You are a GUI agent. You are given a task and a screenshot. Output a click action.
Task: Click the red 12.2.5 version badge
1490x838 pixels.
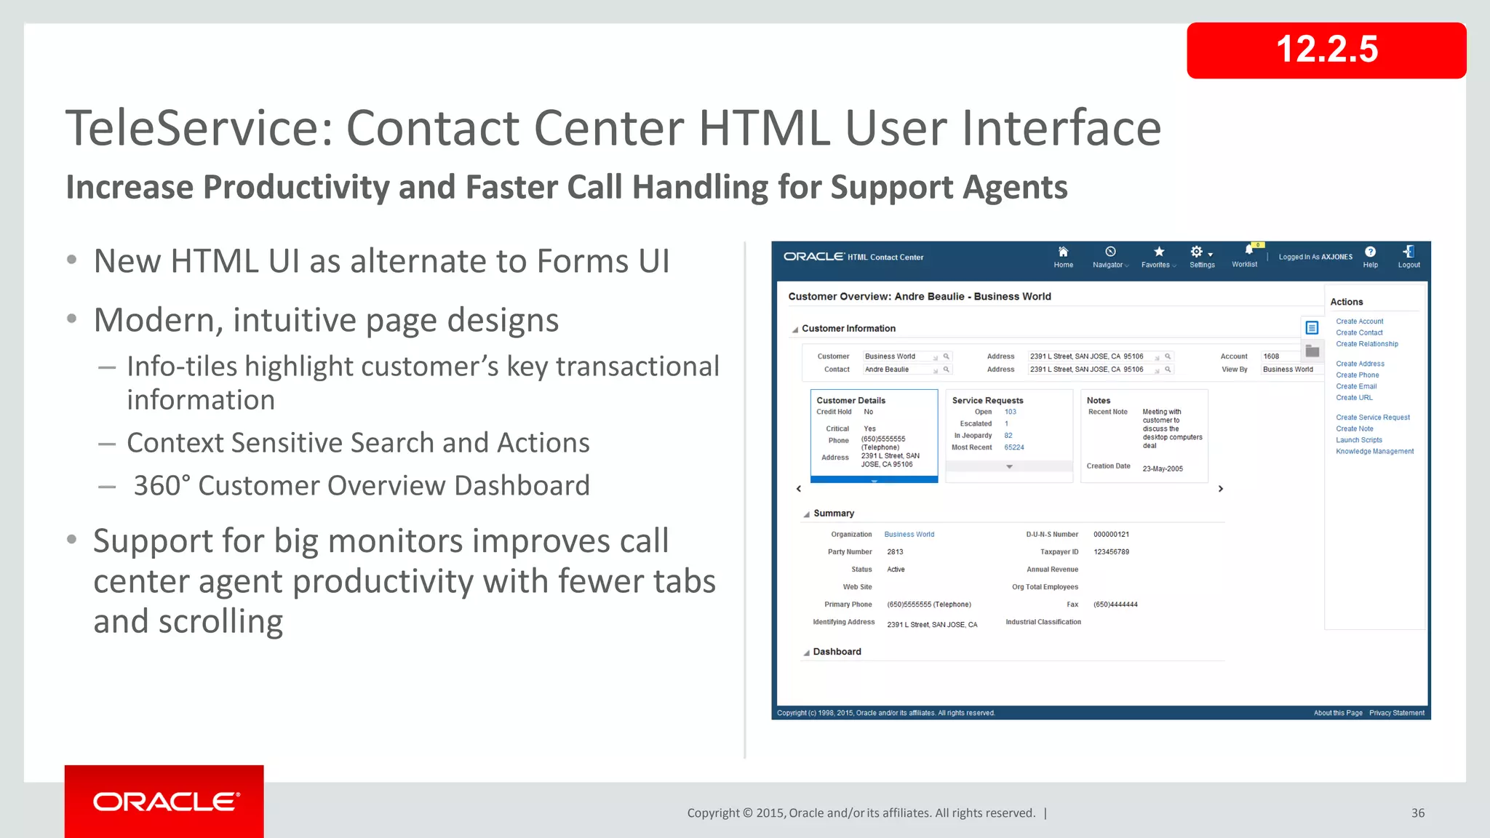[1326, 50]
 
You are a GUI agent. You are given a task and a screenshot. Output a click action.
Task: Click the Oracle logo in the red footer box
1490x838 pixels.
[165, 802]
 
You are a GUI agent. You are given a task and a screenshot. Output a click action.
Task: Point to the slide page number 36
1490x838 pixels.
[1417, 813]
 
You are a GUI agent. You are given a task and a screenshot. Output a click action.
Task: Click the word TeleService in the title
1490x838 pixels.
[198, 128]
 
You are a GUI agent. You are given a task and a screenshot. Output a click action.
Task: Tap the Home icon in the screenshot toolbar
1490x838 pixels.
[1063, 252]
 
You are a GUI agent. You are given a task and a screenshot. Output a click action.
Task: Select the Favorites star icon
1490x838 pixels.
[1158, 252]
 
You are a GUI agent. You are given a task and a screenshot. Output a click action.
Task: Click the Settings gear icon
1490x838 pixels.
[1196, 252]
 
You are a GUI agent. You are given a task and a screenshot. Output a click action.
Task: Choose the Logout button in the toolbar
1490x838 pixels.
[1409, 256]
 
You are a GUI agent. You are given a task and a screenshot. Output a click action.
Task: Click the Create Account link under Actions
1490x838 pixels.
[1359, 322]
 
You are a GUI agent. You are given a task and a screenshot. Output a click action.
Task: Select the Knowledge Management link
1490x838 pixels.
[1374, 452]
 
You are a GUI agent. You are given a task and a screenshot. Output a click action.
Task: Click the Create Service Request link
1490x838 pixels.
[1372, 418]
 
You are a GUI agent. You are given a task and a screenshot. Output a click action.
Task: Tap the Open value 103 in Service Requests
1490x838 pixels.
[1010, 412]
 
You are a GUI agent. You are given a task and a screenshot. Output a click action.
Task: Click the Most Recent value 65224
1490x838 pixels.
[1013, 447]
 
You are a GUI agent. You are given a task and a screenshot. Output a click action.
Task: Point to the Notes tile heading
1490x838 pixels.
[1098, 401]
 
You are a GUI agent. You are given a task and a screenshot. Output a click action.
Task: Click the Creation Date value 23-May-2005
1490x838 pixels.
[1162, 468]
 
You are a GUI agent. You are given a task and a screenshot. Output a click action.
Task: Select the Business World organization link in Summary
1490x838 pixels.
[909, 535]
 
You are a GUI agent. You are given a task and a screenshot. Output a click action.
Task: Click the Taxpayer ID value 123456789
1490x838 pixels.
[1111, 552]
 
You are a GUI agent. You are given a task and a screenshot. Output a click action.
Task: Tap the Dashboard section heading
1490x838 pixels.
[837, 652]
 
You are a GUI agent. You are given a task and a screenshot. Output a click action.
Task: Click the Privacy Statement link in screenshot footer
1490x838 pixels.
[1396, 713]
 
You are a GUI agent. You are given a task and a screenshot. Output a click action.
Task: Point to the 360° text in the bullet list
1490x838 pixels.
[162, 486]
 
